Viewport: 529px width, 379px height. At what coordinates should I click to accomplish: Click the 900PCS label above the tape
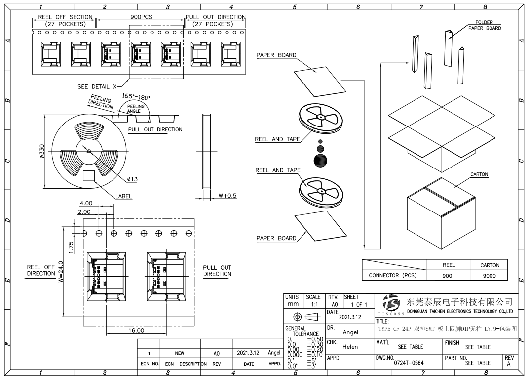(x=141, y=17)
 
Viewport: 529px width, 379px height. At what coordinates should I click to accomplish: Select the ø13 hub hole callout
(x=132, y=179)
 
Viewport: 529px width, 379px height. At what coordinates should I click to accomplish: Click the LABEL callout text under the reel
(x=123, y=196)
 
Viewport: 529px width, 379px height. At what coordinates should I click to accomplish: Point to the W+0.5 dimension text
(x=227, y=196)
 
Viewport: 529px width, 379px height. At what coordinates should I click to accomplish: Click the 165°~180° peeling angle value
(x=136, y=96)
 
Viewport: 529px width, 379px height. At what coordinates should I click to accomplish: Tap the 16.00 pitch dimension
(x=136, y=330)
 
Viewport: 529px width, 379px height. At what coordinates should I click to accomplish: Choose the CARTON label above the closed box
(x=479, y=174)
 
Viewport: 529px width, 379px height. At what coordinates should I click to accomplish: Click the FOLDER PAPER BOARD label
(x=484, y=25)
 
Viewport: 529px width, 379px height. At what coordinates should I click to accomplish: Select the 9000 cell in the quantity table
(x=489, y=276)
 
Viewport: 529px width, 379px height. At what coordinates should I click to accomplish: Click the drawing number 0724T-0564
(x=409, y=363)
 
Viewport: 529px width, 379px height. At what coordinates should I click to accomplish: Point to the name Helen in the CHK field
(x=350, y=347)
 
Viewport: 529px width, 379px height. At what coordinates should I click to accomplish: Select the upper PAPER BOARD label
(x=276, y=55)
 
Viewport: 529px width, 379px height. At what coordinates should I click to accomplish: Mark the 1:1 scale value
(x=314, y=305)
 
